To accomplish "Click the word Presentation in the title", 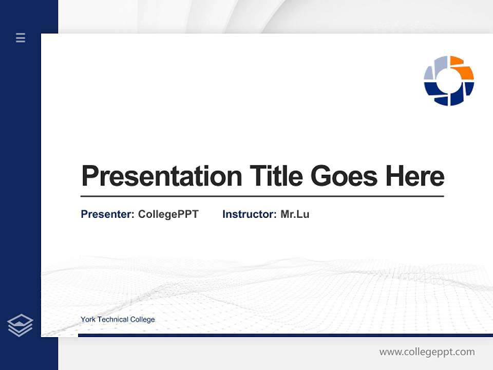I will (x=161, y=176).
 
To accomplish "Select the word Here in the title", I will (x=414, y=176).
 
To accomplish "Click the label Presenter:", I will (x=107, y=214).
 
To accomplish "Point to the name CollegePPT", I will (x=168, y=214).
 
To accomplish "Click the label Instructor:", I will (x=249, y=214).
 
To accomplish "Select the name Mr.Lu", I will (x=295, y=214).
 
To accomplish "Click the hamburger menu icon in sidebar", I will (x=21, y=38).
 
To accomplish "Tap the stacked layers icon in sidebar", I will (x=20, y=325).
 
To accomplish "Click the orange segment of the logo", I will (x=464, y=69).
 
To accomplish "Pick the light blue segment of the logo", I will (x=434, y=69).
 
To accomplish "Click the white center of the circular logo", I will (x=449, y=81).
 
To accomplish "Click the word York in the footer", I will (x=88, y=320).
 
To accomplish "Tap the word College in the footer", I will (x=142, y=320).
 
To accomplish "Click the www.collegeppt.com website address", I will (x=427, y=352).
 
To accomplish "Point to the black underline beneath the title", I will (x=262, y=196).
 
